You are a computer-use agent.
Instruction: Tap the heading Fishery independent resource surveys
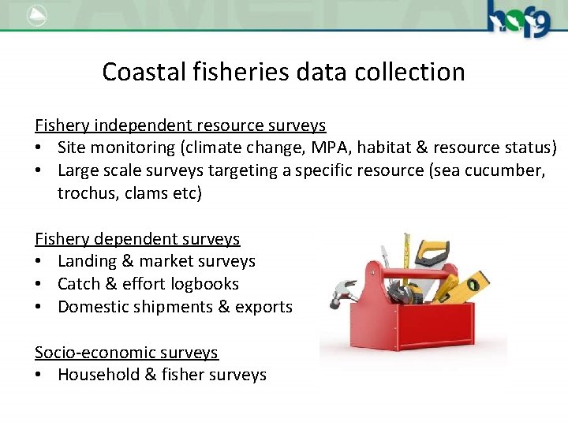point(180,125)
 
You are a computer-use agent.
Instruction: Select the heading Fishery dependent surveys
point(137,238)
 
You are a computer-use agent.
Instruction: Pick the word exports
point(263,307)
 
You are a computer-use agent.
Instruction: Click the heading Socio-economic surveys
point(126,352)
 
